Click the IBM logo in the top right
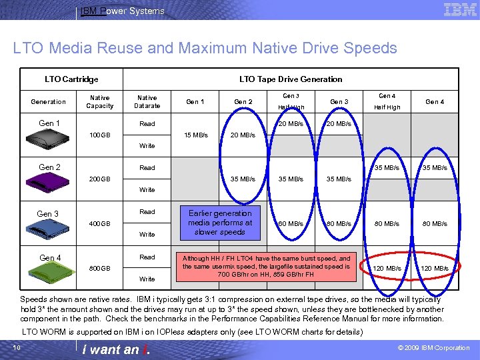click(460, 9)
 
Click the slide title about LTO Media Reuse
click(205, 48)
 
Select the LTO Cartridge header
click(71, 79)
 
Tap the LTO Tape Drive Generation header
click(291, 79)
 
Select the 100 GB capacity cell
click(100, 135)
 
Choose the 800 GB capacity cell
click(100, 268)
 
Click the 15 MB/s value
click(195, 135)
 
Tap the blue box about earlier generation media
click(220, 223)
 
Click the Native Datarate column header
click(147, 101)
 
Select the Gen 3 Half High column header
click(291, 101)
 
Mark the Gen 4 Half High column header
click(387, 101)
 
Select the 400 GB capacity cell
click(100, 223)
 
